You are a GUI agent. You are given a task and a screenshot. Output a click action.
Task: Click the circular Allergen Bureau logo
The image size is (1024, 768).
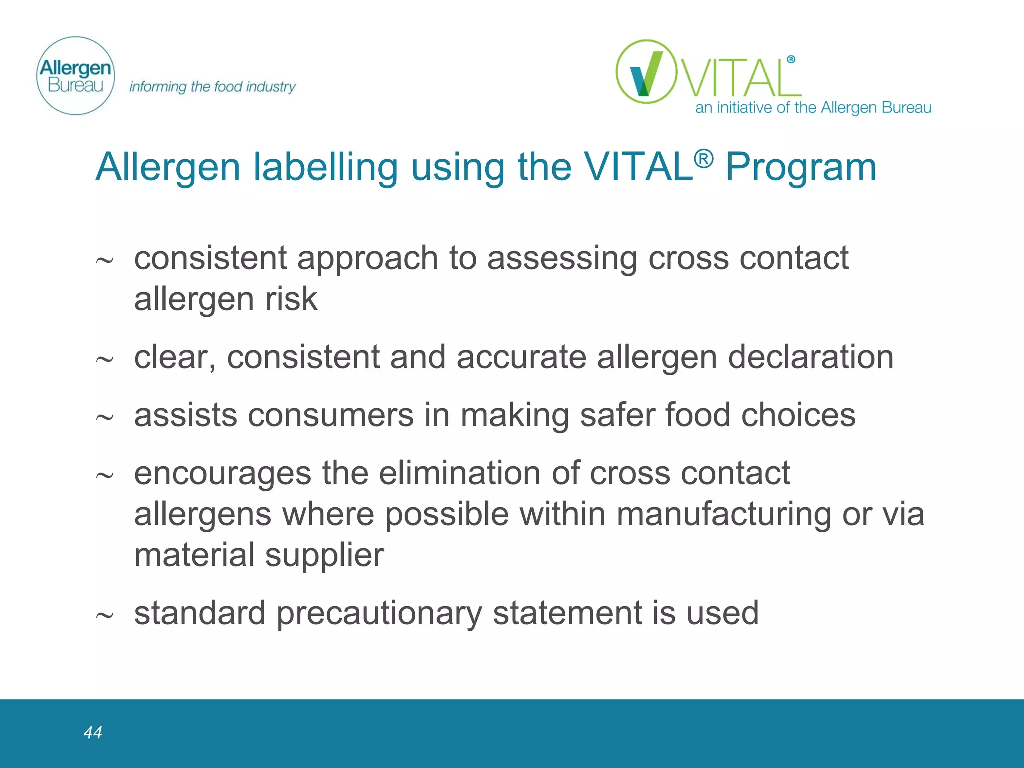pyautogui.click(x=76, y=76)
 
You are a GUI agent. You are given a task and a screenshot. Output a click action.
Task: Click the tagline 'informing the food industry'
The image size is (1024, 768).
pyautogui.click(x=212, y=87)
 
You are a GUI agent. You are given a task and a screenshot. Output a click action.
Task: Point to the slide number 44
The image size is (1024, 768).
pyautogui.click(x=93, y=732)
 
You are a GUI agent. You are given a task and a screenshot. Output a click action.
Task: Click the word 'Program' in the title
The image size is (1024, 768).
pyautogui.click(x=801, y=167)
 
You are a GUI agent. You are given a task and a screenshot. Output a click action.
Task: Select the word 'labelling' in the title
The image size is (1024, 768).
pyautogui.click(x=325, y=167)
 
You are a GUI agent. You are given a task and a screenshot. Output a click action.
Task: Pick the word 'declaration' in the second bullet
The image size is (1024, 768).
pyautogui.click(x=810, y=357)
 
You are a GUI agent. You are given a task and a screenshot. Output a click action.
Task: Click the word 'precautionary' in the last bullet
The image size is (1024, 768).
pyautogui.click(x=379, y=613)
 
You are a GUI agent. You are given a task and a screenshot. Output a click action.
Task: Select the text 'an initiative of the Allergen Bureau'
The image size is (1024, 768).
pyautogui.click(x=813, y=108)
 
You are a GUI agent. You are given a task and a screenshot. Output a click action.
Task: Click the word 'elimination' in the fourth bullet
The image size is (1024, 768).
pyautogui.click(x=459, y=473)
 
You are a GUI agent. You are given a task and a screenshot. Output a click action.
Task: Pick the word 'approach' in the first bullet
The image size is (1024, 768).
pyautogui.click(x=368, y=259)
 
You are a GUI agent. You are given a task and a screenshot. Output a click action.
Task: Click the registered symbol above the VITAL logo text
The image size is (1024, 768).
pyautogui.click(x=791, y=60)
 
